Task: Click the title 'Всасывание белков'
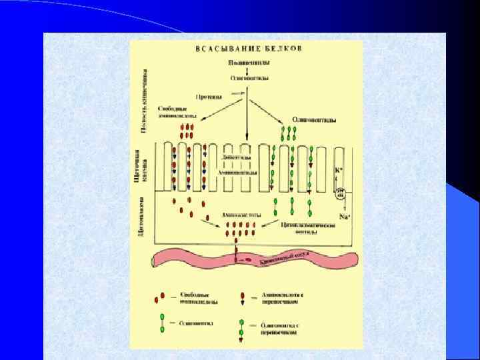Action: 247,49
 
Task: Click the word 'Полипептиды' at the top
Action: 247,63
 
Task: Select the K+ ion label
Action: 338,169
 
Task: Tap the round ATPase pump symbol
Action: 341,194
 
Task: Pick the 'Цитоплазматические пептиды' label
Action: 307,229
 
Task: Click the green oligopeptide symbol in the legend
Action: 161,324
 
